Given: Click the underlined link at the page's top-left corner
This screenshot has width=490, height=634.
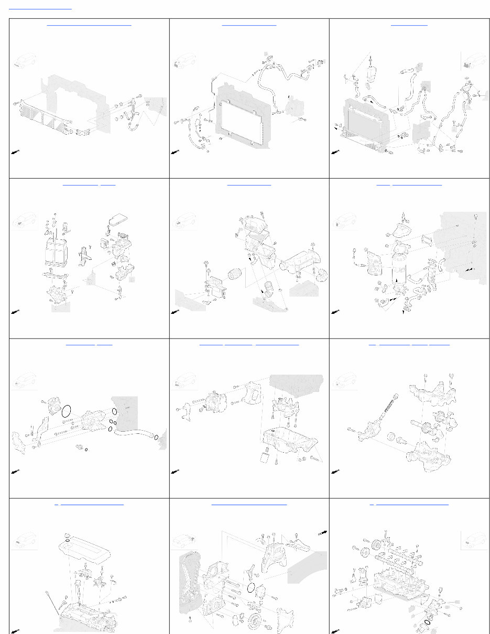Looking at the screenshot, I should (40, 9).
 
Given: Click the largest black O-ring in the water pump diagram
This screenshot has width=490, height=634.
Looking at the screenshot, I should (67, 410).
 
